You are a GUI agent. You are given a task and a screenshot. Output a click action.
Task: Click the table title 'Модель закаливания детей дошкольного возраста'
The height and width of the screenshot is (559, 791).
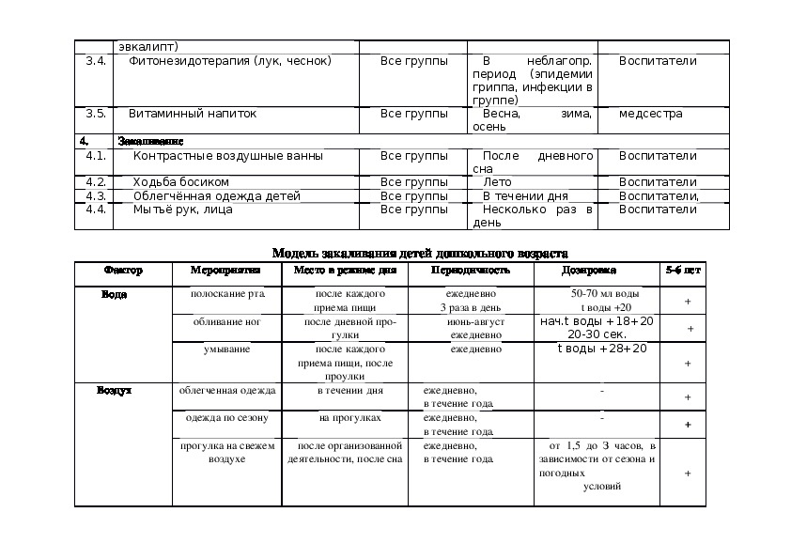pos(419,253)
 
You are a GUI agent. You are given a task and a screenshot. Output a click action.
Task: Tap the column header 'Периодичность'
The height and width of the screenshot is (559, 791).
pos(470,271)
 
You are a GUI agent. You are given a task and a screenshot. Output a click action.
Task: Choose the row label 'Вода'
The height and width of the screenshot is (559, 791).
pos(114,294)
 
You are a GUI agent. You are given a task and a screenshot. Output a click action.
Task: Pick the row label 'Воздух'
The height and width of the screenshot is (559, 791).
pos(114,390)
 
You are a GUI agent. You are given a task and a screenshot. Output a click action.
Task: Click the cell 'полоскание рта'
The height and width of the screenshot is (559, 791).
pos(227,294)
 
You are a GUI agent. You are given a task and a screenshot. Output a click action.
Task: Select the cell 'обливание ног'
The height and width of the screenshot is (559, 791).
pos(227,321)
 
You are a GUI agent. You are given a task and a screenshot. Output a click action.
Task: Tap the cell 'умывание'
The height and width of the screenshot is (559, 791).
pos(227,349)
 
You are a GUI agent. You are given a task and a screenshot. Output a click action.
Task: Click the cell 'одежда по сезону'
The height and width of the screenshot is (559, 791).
pos(227,418)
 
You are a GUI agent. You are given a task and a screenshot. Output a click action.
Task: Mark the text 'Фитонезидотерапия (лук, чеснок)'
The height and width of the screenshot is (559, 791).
pos(230,61)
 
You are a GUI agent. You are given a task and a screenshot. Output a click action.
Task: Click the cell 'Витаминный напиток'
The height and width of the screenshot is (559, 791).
pos(193,114)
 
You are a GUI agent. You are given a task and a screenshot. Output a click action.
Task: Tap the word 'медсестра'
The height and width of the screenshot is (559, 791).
pos(651,114)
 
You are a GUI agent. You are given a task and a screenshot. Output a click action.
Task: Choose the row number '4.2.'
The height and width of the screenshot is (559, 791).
pos(95,181)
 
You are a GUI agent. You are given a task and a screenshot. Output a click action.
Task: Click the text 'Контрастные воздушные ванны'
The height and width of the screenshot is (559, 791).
pos(228,156)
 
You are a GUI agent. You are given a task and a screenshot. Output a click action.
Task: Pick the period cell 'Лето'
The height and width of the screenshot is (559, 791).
pos(497,181)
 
